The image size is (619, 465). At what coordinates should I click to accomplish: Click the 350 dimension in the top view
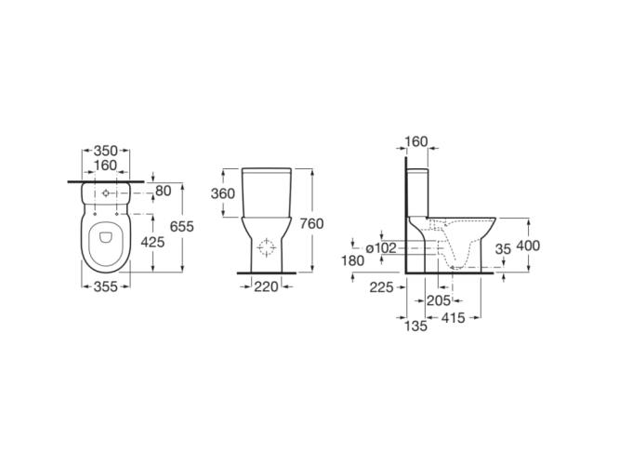click(105, 151)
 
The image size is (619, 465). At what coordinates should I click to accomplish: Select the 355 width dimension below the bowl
click(105, 286)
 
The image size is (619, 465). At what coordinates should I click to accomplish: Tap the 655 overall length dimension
click(182, 226)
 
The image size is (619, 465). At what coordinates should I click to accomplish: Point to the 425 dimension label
click(152, 242)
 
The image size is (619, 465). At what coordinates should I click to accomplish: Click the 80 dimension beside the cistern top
click(164, 191)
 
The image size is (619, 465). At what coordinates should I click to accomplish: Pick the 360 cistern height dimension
click(223, 193)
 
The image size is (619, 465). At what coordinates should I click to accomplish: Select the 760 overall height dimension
click(311, 223)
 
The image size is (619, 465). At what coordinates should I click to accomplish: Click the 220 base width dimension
click(266, 286)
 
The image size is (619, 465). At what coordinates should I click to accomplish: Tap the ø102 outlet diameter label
click(381, 248)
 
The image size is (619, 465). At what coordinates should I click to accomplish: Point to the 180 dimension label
click(352, 260)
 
